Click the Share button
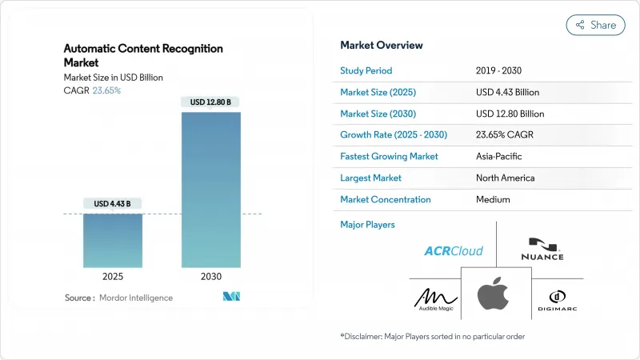coord(595,25)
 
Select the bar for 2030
coord(211,190)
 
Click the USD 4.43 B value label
coord(113,204)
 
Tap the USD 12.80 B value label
coord(211,102)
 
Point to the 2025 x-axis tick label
coord(113,276)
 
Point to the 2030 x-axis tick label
coord(211,276)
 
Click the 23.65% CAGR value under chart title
coord(106,90)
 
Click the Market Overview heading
coord(382,45)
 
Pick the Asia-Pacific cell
coord(500,156)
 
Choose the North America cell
coord(505,178)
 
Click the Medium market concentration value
coord(493,199)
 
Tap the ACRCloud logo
coord(453,250)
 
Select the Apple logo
coord(493,295)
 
